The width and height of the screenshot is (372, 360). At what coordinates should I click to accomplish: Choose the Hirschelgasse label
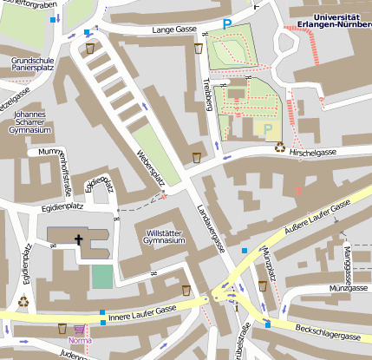314,152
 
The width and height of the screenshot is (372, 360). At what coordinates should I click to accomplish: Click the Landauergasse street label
211,228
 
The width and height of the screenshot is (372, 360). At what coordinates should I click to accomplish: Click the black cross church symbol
79,239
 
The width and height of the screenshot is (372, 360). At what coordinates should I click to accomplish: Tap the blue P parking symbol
228,24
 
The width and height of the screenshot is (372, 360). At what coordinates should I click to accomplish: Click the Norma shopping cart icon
80,330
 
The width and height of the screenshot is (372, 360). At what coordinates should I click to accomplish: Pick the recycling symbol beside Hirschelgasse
280,147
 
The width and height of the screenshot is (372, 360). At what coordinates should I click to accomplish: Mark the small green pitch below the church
102,277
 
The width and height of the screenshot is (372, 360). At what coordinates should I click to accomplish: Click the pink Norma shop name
81,341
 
